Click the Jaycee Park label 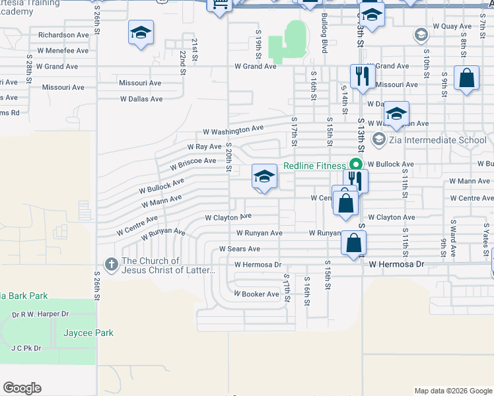coord(88,333)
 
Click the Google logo coord(22,388)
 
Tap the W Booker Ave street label coord(256,294)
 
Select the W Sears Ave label coord(240,249)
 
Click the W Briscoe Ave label coord(192,160)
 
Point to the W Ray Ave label coord(204,147)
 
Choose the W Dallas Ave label coord(141,99)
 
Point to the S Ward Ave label coord(453,238)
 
